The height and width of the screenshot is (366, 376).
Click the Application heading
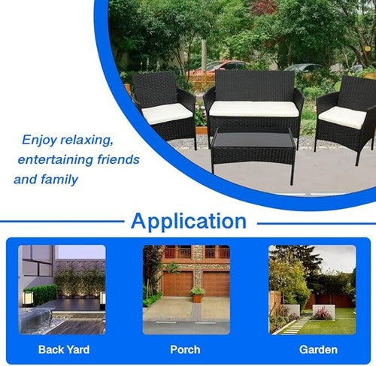pyautogui.click(x=189, y=221)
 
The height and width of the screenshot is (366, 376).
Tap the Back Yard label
pyautogui.click(x=64, y=349)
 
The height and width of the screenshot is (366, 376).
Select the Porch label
pyautogui.click(x=185, y=349)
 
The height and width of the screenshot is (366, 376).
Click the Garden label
pyautogui.click(x=318, y=349)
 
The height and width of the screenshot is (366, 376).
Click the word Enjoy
pyautogui.click(x=39, y=140)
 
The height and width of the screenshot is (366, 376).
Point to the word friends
pyautogui.click(x=119, y=159)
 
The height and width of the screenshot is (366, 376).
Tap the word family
pyautogui.click(x=59, y=180)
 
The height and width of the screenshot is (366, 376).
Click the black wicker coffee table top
pyautogui.click(x=253, y=140)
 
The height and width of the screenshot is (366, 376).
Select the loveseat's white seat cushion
pyautogui.click(x=254, y=109)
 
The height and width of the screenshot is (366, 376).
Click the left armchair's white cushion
pyautogui.click(x=167, y=113)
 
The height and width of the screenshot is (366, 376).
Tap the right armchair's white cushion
pyautogui.click(x=343, y=117)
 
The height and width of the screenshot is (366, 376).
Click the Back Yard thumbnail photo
pyautogui.click(x=62, y=289)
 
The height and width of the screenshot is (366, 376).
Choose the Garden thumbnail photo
pyautogui.click(x=312, y=289)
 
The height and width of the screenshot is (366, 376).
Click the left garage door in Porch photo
pyautogui.click(x=177, y=283)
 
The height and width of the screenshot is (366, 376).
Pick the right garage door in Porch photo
pyautogui.click(x=217, y=283)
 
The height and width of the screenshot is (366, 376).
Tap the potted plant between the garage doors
pyautogui.click(x=197, y=295)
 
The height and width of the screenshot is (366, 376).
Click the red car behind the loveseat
pyautogui.click(x=219, y=66)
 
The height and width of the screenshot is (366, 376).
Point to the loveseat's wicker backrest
pyautogui.click(x=255, y=86)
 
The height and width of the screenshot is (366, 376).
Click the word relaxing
pyautogui.click(x=86, y=140)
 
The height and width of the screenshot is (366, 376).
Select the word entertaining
pyautogui.click(x=56, y=159)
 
